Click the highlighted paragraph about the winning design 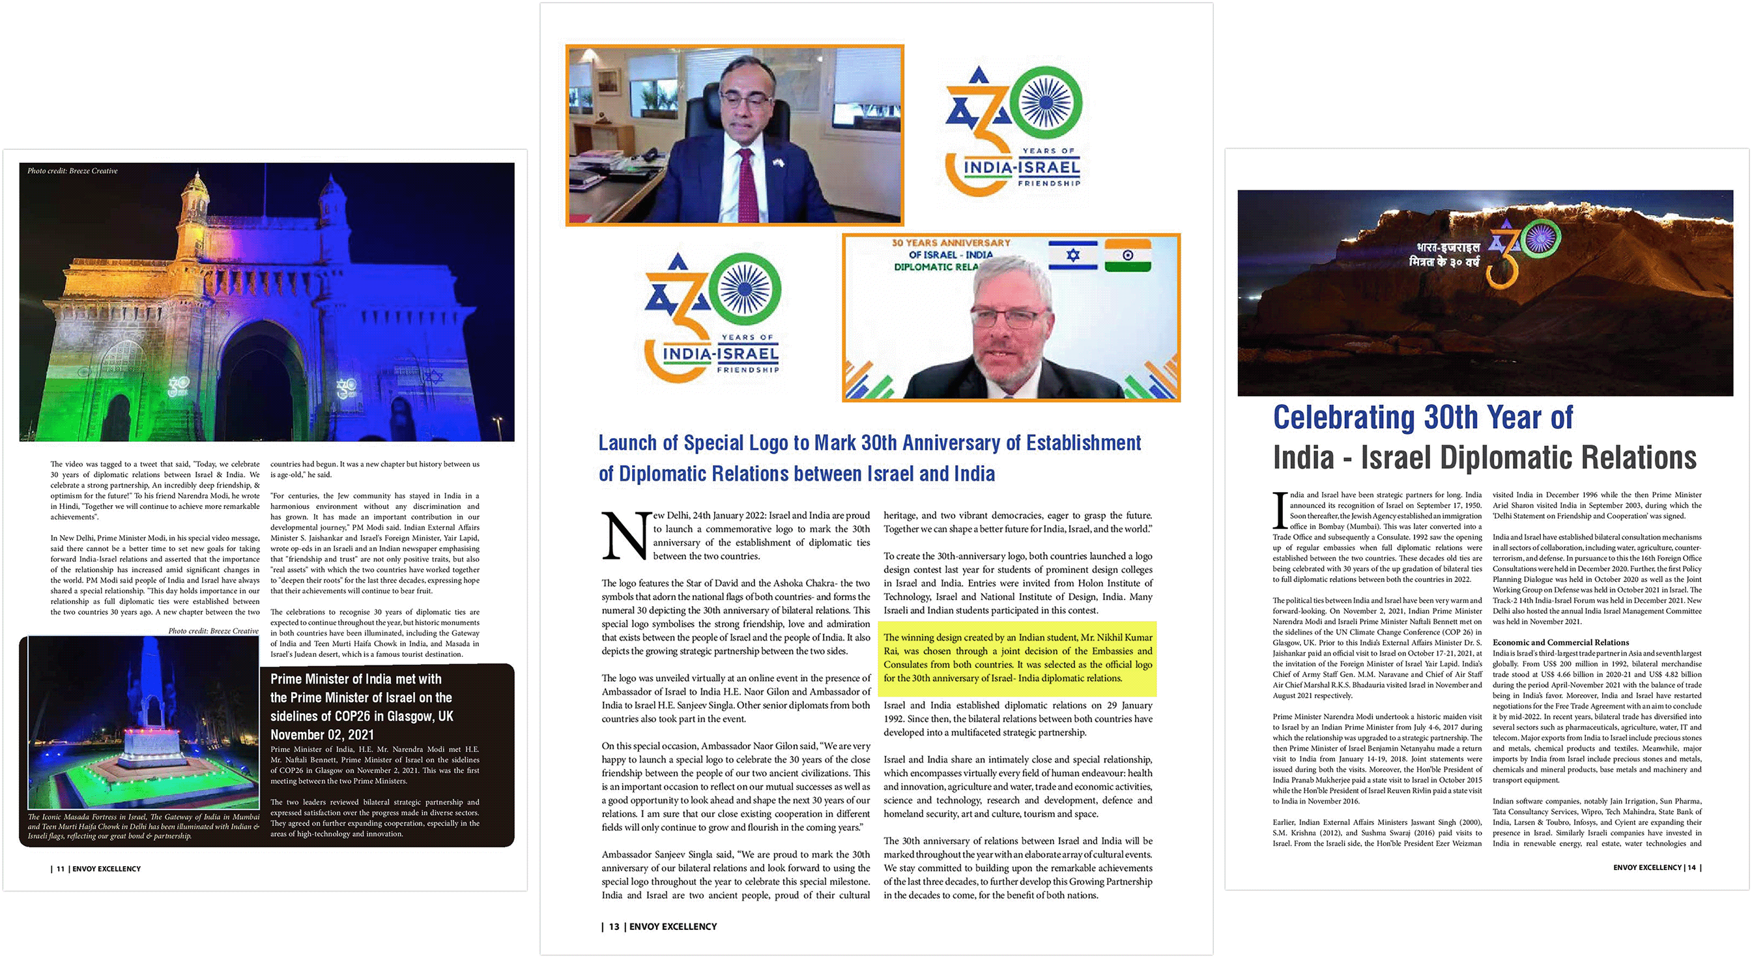pyautogui.click(x=1018, y=658)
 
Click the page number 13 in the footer pyautogui.click(x=614, y=927)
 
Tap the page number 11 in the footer pyautogui.click(x=61, y=869)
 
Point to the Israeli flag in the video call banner pyautogui.click(x=1072, y=255)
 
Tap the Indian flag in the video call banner pyautogui.click(x=1128, y=255)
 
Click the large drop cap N pyautogui.click(x=625, y=536)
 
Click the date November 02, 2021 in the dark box pyautogui.click(x=322, y=735)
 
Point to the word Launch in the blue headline pyautogui.click(x=627, y=443)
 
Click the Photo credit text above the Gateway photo pyautogui.click(x=72, y=171)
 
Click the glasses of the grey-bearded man pyautogui.click(x=1009, y=318)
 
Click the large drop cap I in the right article pyautogui.click(x=1280, y=510)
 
